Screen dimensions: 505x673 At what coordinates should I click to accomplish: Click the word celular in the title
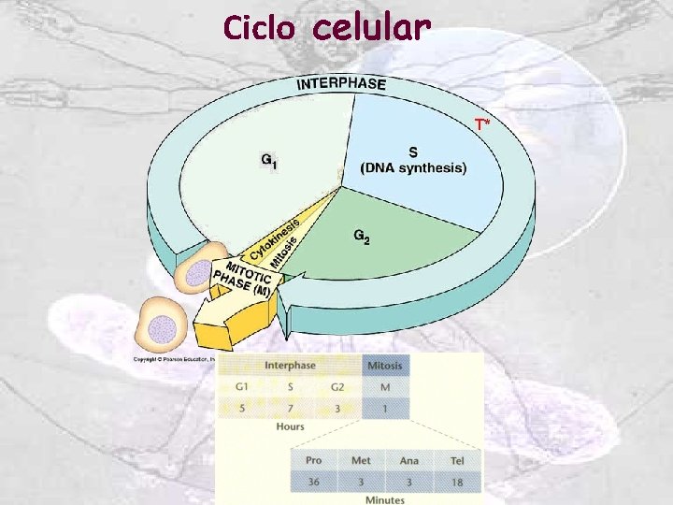pos(372,28)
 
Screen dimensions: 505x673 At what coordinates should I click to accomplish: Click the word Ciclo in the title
pos(259,29)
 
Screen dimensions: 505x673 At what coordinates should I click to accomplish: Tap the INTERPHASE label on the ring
pos(341,83)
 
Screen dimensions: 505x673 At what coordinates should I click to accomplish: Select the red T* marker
pos(481,124)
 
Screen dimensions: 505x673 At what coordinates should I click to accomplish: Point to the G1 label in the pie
pos(268,161)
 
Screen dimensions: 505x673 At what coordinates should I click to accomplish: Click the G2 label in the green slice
pos(362,238)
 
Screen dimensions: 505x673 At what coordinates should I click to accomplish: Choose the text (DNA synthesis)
pos(414,168)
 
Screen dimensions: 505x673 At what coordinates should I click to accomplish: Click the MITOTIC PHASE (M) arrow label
pos(243,277)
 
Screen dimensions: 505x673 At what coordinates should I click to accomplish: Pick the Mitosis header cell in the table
pos(385,366)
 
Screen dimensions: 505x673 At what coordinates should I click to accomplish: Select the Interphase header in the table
pos(290,366)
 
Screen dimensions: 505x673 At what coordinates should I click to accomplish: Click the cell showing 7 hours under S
pos(290,408)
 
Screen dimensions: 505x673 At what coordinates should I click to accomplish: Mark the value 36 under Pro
pos(314,482)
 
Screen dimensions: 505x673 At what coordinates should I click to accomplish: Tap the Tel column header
pos(457,460)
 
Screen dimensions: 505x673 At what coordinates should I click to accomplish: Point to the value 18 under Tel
pos(457,482)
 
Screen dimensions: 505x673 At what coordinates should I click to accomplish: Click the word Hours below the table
pos(290,427)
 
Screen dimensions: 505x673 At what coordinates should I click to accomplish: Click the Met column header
pos(361,460)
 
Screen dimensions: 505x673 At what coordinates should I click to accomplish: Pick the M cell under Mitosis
pos(385,386)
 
